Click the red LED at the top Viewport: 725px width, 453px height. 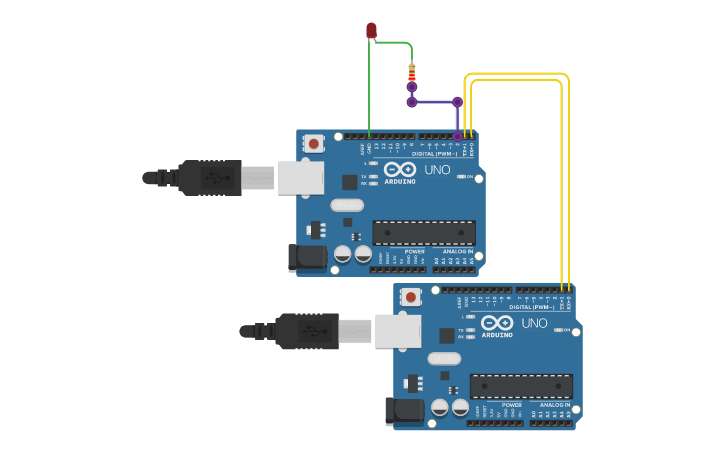click(x=371, y=30)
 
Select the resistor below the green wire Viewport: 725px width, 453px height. click(x=411, y=72)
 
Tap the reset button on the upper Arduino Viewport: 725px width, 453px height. click(x=314, y=144)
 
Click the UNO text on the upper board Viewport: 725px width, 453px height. click(x=437, y=169)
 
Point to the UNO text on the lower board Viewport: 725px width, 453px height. click(x=534, y=323)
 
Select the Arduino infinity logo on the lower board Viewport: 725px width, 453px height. click(x=497, y=323)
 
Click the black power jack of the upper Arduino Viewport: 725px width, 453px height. click(x=307, y=257)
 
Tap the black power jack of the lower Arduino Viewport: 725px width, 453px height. click(x=404, y=410)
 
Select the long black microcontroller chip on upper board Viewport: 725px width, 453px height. click(x=424, y=233)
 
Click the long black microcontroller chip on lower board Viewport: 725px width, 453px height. click(x=521, y=386)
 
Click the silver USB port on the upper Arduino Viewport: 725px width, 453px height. click(x=300, y=178)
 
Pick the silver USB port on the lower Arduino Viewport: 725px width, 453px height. click(x=397, y=331)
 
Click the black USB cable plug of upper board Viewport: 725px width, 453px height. click(x=210, y=178)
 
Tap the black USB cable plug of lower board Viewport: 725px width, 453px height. click(x=307, y=331)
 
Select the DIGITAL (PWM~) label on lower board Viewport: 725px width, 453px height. click(x=531, y=307)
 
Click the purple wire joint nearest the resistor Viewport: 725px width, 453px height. click(x=411, y=87)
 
